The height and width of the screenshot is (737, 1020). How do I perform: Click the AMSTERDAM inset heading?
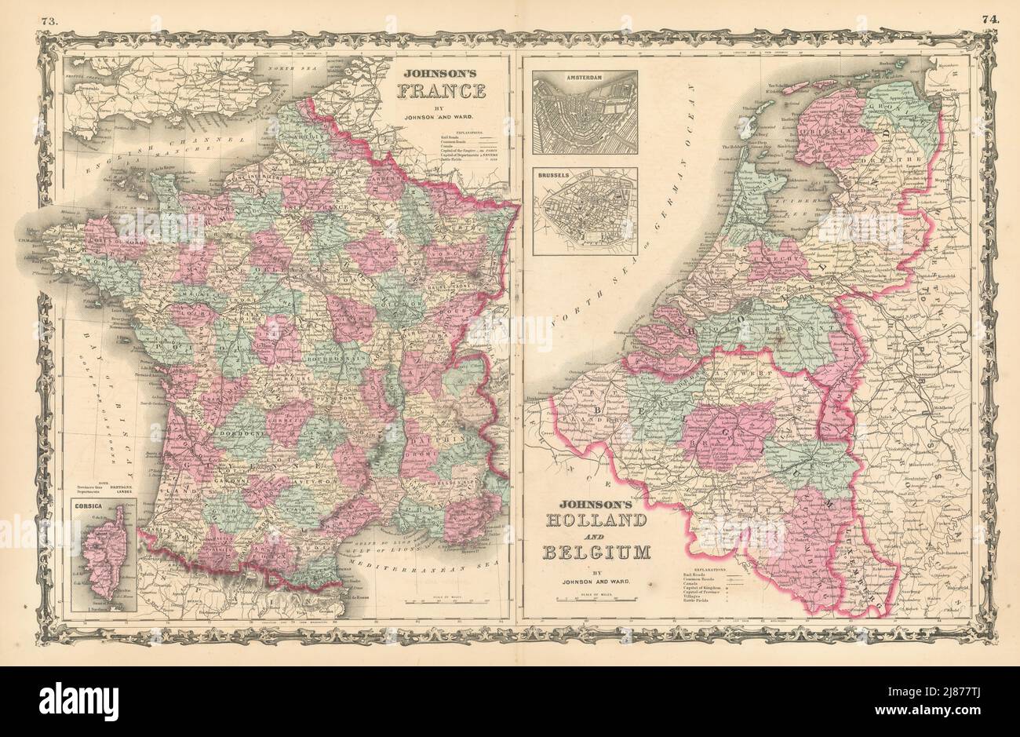coord(584,78)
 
